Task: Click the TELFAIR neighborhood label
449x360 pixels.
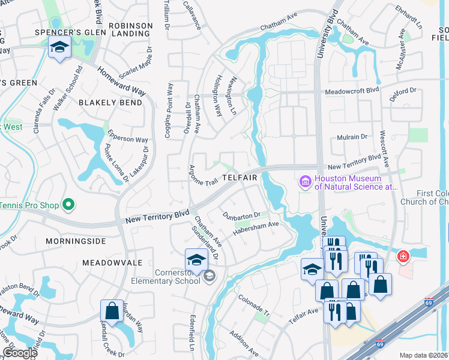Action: point(240,178)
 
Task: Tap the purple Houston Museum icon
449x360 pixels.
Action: point(306,181)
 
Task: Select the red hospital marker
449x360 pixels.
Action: point(403,257)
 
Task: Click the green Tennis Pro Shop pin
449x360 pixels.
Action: point(68,205)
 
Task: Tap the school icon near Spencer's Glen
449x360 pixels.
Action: point(59,47)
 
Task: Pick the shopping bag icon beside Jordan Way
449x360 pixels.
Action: point(112,311)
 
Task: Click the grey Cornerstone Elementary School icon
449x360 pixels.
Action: point(209,275)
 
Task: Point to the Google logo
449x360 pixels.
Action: point(19,353)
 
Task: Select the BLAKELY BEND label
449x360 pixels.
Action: point(111,103)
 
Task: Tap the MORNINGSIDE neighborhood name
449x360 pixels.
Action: point(76,241)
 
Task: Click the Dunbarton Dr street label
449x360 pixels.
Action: point(241,214)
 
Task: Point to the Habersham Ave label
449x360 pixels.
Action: point(256,229)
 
